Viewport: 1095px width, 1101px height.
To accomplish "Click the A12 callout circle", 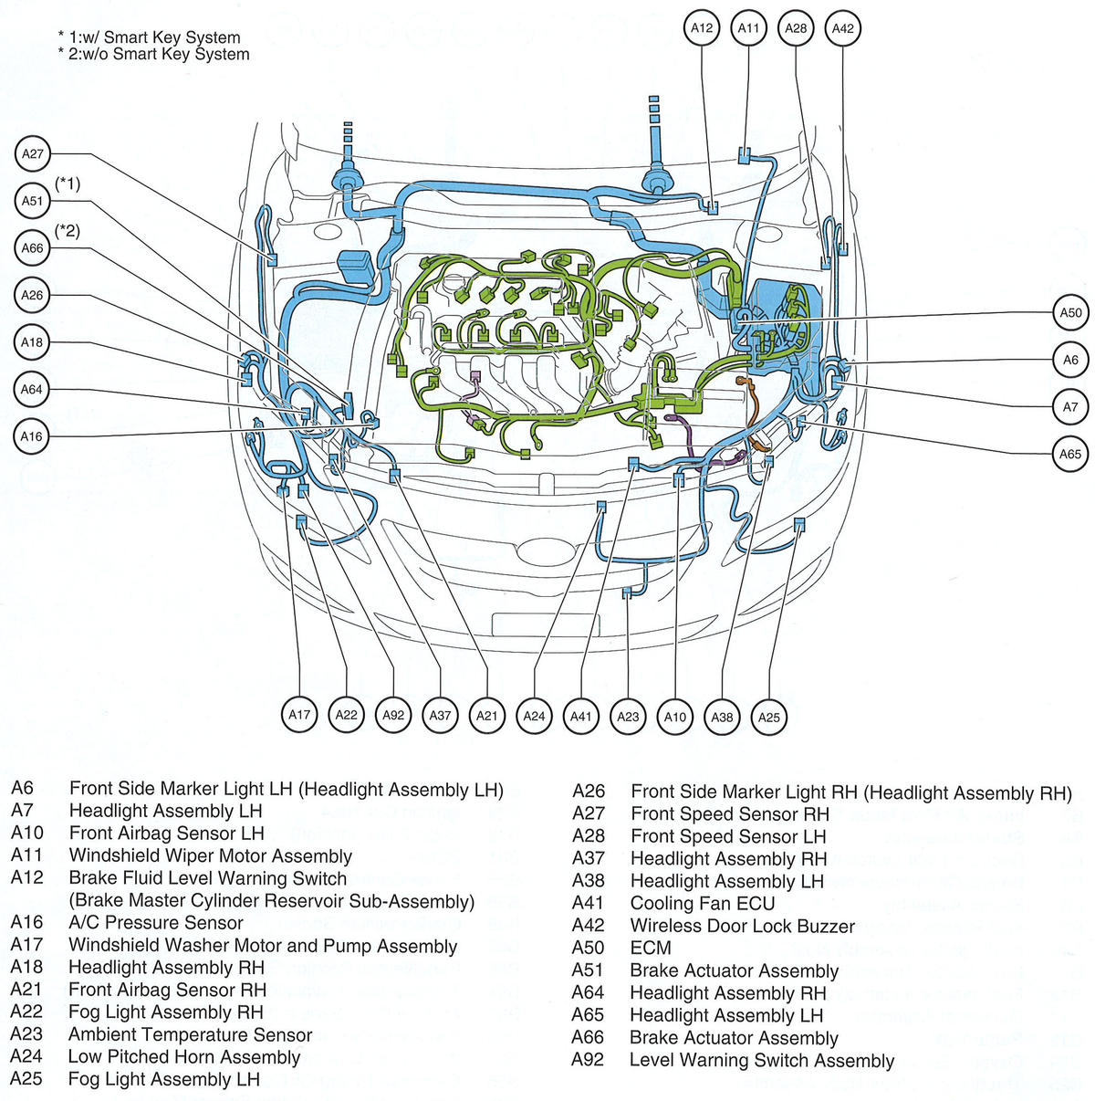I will (x=702, y=28).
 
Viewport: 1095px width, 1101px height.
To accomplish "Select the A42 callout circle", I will (x=843, y=28).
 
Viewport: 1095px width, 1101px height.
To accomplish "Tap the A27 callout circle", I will (x=33, y=154).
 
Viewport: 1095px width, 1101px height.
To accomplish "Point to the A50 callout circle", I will (x=1070, y=313).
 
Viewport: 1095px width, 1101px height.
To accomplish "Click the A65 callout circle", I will (x=1070, y=454).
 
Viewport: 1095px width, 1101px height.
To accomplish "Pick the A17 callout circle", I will (x=299, y=715).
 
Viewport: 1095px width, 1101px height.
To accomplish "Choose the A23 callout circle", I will (x=628, y=717).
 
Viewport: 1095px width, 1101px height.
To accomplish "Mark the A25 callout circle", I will (x=769, y=717).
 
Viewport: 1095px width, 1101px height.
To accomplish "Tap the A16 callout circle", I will (x=33, y=436).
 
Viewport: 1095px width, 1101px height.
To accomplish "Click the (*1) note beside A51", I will (x=68, y=184).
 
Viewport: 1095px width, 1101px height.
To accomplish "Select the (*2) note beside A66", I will (x=68, y=232).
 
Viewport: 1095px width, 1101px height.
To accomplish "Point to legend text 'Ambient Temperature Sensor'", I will (x=190, y=1035).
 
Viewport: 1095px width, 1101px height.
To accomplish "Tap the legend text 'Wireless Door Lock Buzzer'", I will (x=742, y=926).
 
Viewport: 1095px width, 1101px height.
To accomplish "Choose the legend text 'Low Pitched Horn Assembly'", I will (x=184, y=1057).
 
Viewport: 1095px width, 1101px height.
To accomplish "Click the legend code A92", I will (x=588, y=1060).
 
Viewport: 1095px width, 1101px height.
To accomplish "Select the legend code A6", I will (x=22, y=789).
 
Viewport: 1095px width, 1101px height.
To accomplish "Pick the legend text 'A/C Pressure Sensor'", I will (x=156, y=923).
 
